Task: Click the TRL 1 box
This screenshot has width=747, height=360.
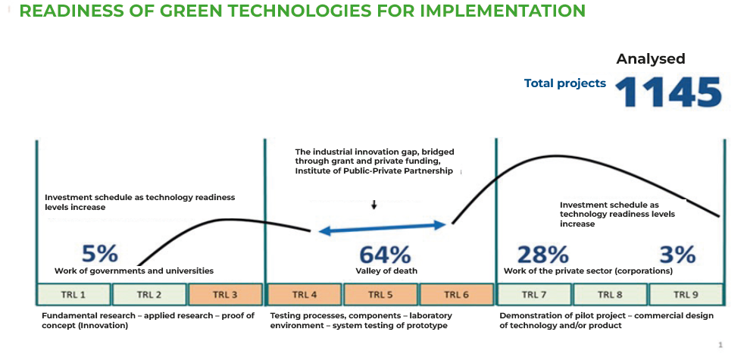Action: [x=73, y=294]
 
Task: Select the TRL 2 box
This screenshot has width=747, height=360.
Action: [x=149, y=294]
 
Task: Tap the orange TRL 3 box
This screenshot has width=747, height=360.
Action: [x=225, y=294]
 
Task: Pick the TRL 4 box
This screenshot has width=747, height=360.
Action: [x=305, y=294]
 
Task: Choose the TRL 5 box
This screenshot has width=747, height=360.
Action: [x=380, y=294]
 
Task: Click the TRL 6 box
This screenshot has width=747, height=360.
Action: [x=456, y=294]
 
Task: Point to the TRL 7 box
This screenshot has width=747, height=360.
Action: [x=535, y=294]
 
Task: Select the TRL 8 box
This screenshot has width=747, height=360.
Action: [x=611, y=294]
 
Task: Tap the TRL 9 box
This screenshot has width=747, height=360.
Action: [x=686, y=294]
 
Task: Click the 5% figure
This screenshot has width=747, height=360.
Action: [x=99, y=254]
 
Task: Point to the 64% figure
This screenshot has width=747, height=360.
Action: [x=384, y=255]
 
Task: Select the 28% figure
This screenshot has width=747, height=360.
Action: [x=542, y=255]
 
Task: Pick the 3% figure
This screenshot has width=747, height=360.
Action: [x=677, y=255]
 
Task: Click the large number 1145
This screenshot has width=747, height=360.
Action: [x=668, y=92]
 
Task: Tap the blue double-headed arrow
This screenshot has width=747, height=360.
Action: [x=382, y=229]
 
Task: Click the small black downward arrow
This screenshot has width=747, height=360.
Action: [x=374, y=205]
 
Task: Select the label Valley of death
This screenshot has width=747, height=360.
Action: [x=386, y=271]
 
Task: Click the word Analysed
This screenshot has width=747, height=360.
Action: [x=651, y=58]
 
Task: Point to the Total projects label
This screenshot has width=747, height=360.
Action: [x=565, y=83]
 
